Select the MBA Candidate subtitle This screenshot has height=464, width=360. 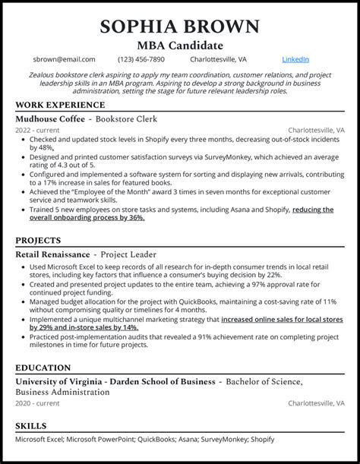tap(179, 45)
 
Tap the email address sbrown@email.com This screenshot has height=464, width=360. tap(65, 59)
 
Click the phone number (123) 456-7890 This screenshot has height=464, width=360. tap(141, 59)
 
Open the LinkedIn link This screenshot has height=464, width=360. tap(295, 59)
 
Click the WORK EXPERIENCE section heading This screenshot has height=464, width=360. tap(60, 105)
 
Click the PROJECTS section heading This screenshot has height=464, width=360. tap(40, 240)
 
